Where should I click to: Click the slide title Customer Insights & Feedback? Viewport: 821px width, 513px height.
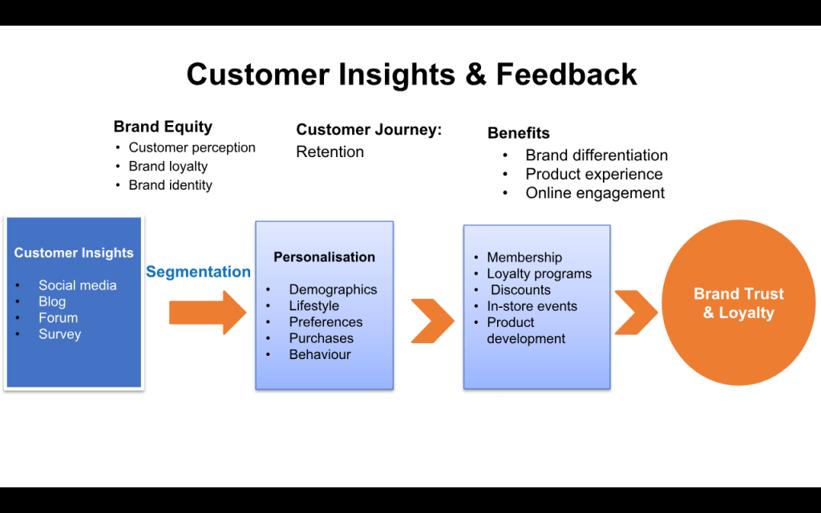pos(411,75)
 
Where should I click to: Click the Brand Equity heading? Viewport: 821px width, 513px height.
pos(163,127)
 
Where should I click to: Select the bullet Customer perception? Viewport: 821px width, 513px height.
pos(192,147)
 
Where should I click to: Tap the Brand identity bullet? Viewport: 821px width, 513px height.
pos(170,185)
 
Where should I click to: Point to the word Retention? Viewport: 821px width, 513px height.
pos(330,152)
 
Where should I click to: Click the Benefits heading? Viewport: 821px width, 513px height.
pos(519,133)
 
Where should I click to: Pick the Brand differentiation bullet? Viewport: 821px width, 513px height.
pos(596,156)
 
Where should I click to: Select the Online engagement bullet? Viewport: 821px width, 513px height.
pos(595,193)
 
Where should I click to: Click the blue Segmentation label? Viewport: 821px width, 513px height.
pos(198,272)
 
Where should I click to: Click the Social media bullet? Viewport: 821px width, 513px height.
pos(77,285)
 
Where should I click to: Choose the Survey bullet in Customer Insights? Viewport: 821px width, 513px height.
pos(59,334)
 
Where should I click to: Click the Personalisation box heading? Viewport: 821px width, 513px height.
pos(324,257)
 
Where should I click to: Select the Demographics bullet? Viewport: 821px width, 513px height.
pos(333,290)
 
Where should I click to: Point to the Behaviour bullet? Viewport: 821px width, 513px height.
pos(319,354)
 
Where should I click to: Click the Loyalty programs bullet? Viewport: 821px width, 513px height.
pos(539,274)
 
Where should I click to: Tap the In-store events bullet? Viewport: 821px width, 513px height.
pos(532,306)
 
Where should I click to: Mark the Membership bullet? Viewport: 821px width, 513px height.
pos(524,257)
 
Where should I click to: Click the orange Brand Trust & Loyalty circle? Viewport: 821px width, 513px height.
pos(738,303)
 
